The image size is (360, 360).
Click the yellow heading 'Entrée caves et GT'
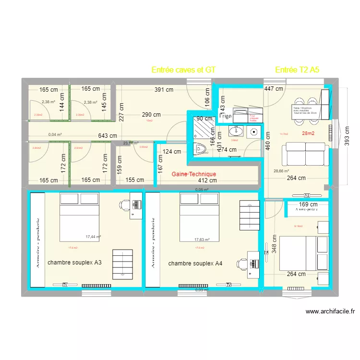pyautogui.click(x=183, y=70)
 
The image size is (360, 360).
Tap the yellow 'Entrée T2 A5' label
pyautogui.click(x=297, y=70)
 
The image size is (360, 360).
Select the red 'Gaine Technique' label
pyautogui.click(x=193, y=174)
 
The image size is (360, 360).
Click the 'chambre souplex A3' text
pyautogui.click(x=74, y=263)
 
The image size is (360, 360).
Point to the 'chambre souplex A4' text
pyautogui.click(x=195, y=264)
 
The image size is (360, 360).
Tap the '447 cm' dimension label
pyautogui.click(x=274, y=88)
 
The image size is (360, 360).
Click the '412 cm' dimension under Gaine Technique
pyautogui.click(x=208, y=180)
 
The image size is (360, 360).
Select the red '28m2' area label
pyautogui.click(x=308, y=133)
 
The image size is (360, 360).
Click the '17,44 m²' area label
pyautogui.click(x=93, y=237)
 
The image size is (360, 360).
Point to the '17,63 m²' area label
pyautogui.click(x=202, y=240)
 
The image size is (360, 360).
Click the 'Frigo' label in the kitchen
pyautogui.click(x=226, y=116)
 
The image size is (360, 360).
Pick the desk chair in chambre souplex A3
pyautogui.click(x=124, y=205)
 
